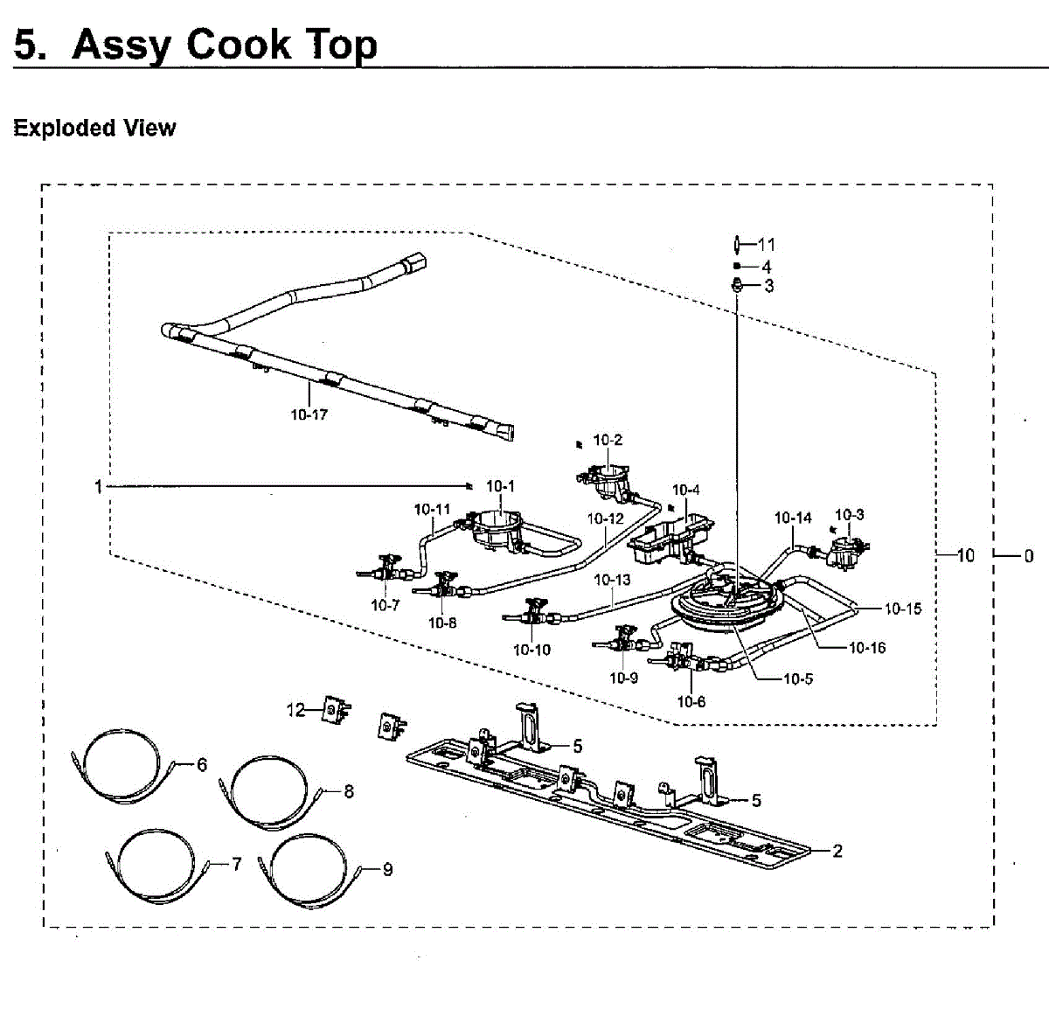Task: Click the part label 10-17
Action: click(x=309, y=414)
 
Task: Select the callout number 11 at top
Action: click(x=767, y=245)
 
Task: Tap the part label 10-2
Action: click(x=608, y=440)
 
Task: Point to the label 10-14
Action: click(x=793, y=518)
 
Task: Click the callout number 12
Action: click(x=296, y=709)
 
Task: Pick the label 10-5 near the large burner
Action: click(x=797, y=678)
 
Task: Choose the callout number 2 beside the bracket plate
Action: click(x=837, y=850)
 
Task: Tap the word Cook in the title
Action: click(x=239, y=45)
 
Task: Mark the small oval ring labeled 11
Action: click(x=738, y=244)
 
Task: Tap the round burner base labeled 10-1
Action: click(x=497, y=529)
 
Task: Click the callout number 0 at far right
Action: click(x=1028, y=555)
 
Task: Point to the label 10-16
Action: click(x=867, y=648)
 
